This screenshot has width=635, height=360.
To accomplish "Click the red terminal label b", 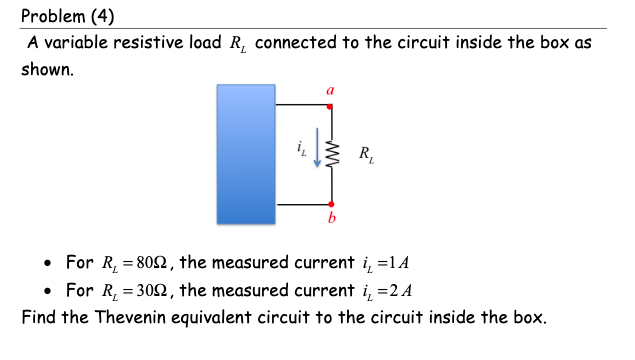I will pos(331,217).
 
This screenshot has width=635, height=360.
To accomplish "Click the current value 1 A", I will pos(399,264).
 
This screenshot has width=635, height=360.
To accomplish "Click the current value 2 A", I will pos(399,291).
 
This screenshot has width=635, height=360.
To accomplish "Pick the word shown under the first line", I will pos(47,71).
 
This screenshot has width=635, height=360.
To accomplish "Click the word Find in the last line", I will pos(38,319).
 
